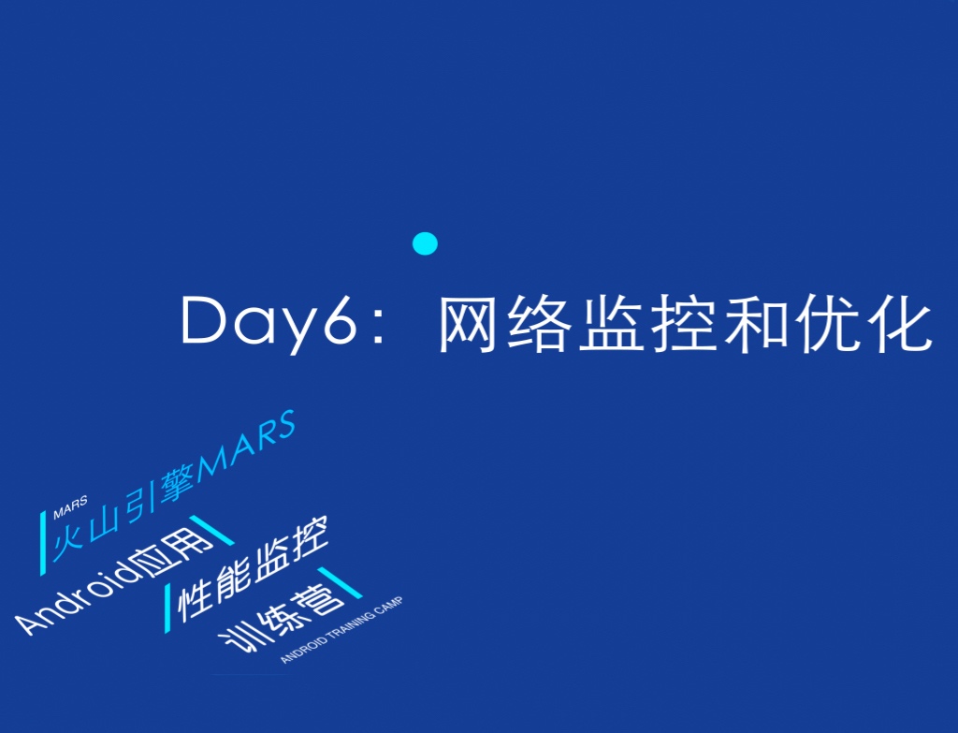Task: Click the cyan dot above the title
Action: (x=426, y=243)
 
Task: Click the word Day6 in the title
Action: (x=269, y=323)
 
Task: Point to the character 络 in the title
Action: (x=540, y=323)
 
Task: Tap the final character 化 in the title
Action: (x=901, y=323)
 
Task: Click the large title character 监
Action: (x=612, y=323)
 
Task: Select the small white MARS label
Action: (x=70, y=507)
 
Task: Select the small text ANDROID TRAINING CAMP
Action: (x=341, y=630)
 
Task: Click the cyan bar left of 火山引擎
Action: (x=43, y=544)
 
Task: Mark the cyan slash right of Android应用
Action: (x=211, y=530)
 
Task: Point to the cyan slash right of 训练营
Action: (x=340, y=582)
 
